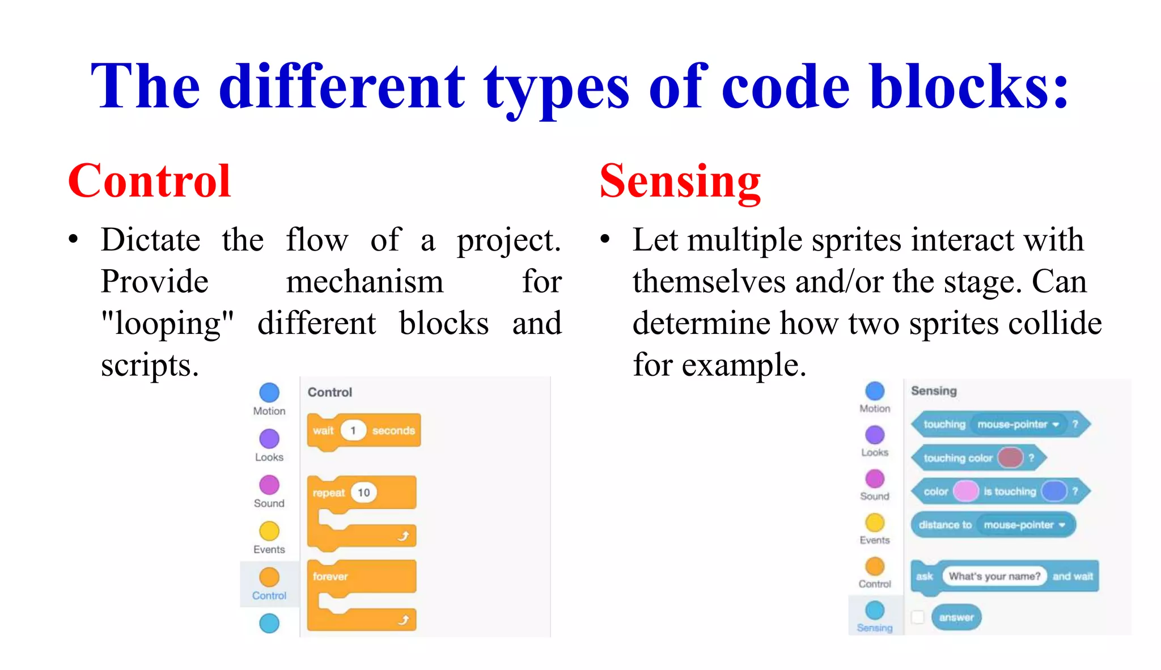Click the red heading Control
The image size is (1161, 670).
pos(149,181)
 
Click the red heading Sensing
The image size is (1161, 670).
pos(680,181)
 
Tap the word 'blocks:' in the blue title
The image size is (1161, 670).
pos(969,86)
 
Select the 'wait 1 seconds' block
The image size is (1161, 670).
pos(363,431)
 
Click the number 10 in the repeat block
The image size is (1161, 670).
pos(363,493)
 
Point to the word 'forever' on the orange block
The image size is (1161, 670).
pos(330,576)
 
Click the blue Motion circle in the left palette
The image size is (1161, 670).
pos(269,392)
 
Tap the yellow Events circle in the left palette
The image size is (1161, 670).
pos(269,531)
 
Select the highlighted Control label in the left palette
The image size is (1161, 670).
pos(269,596)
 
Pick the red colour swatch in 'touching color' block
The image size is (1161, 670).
pos(1010,457)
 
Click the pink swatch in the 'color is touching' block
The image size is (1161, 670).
pos(965,491)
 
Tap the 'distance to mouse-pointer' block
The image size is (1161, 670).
pos(993,525)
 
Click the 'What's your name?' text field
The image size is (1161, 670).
pos(994,576)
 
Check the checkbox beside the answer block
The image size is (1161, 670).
pos(918,617)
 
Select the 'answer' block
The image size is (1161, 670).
pos(956,617)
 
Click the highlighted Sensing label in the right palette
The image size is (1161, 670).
pos(875,628)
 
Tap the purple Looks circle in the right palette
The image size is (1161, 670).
pos(875,435)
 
